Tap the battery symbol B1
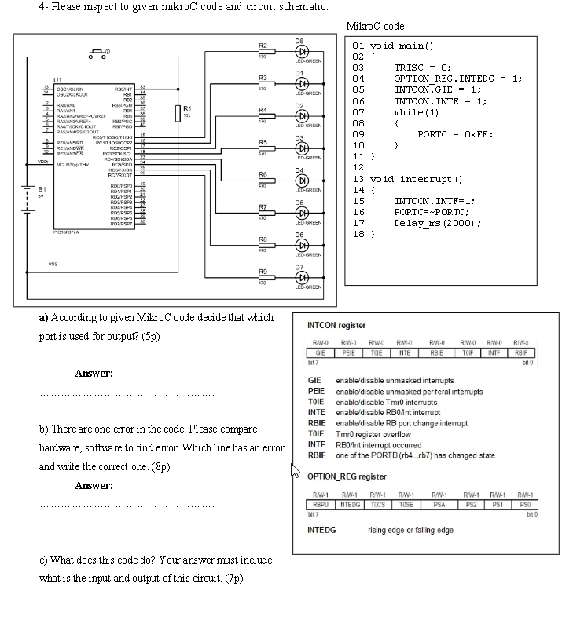click(x=30, y=193)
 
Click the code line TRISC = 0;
click(x=422, y=68)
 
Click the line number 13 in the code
click(x=358, y=179)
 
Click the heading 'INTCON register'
click(x=336, y=325)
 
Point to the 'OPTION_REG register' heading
click(x=347, y=476)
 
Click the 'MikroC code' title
click(x=375, y=26)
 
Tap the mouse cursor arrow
click(x=296, y=470)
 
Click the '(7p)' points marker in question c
click(x=234, y=579)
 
